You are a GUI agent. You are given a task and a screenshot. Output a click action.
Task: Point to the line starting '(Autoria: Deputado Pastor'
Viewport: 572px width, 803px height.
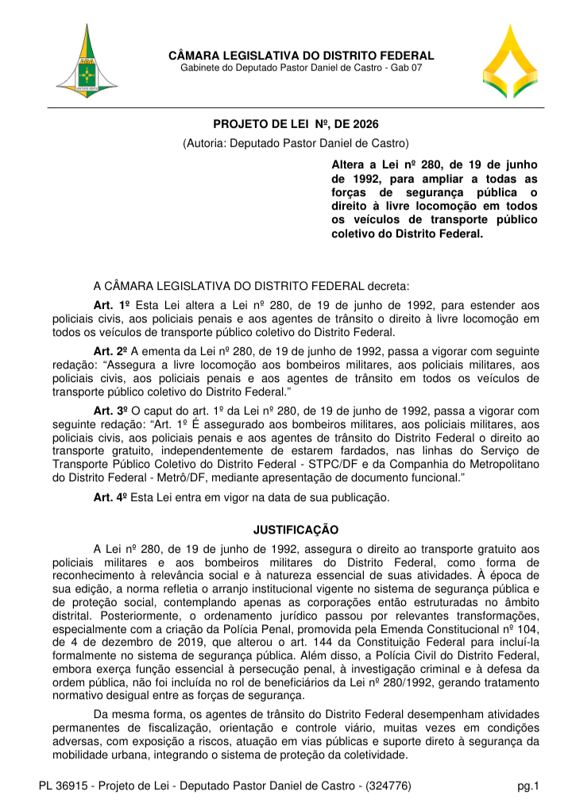pos(296,144)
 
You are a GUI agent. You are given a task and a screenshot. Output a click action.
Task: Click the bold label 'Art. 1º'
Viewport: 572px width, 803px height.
pos(111,305)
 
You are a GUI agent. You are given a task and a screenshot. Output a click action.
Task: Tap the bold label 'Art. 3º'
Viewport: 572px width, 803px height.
pos(111,412)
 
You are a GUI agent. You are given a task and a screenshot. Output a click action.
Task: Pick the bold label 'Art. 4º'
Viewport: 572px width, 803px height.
pos(111,498)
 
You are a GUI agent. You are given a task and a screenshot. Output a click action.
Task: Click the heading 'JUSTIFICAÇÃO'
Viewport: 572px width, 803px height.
pos(296,529)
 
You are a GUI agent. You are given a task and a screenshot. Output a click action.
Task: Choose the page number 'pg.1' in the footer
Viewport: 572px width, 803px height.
pos(528,787)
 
